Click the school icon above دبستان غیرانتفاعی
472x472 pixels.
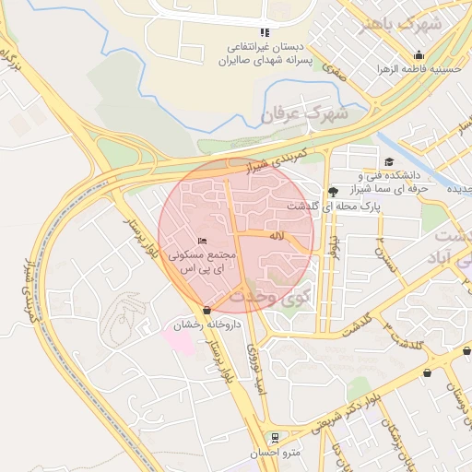pos(265,33)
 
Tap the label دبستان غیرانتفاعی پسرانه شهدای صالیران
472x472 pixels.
pos(265,53)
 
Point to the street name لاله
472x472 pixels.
pos(276,237)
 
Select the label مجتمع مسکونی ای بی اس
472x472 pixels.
pos(203,260)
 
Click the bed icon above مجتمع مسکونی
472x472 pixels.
pos(203,242)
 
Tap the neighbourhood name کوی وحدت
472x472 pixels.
pos(268,298)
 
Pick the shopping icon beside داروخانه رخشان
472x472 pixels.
pos(206,311)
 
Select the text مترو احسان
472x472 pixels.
pos(274,454)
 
